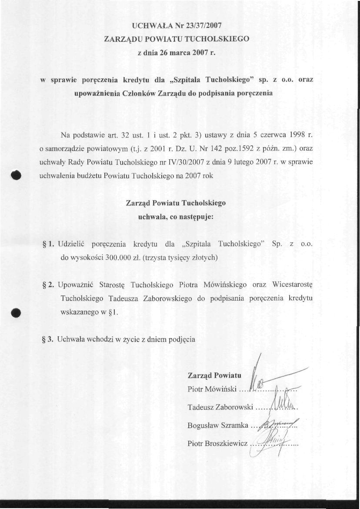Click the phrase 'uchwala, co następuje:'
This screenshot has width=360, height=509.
(x=176, y=217)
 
